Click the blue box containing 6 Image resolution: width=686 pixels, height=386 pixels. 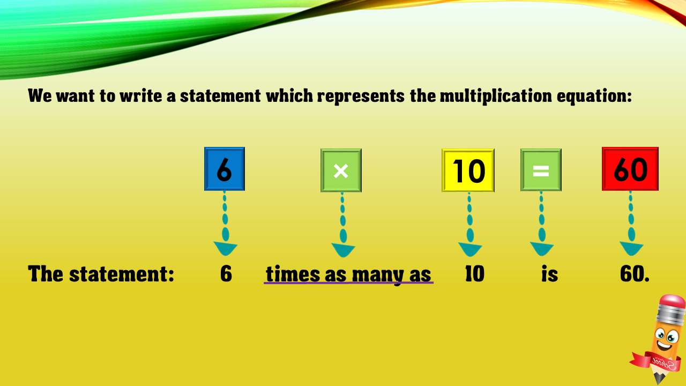[x=225, y=169]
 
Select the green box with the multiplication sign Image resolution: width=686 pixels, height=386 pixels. [x=341, y=170]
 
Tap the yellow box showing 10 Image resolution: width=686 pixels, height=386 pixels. [x=468, y=170]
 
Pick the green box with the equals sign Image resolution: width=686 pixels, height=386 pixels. [x=541, y=170]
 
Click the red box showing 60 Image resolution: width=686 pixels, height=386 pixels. [x=630, y=169]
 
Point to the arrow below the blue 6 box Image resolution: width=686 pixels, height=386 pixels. [x=225, y=224]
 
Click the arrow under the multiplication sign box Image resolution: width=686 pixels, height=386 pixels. [x=343, y=225]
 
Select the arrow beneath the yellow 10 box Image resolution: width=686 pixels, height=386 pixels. [x=470, y=225]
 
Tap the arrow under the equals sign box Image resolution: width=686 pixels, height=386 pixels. [x=542, y=224]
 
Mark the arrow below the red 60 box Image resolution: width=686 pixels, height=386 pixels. [x=631, y=224]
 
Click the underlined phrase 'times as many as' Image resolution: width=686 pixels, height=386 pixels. [x=348, y=274]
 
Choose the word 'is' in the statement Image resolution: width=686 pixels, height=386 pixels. [x=550, y=273]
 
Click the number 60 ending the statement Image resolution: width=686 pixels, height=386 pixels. [x=634, y=273]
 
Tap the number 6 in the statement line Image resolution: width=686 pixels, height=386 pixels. [x=226, y=273]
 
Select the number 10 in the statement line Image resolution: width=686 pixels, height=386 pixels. [x=475, y=273]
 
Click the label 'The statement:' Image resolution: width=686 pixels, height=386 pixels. [x=101, y=273]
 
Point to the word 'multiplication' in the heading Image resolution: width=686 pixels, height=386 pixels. [x=496, y=96]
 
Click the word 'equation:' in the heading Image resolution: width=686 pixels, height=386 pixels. [x=594, y=96]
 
